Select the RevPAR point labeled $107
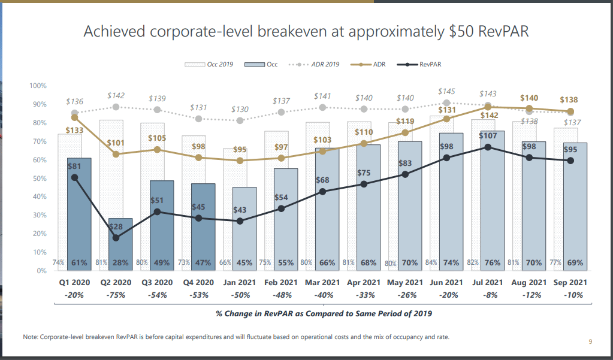tap(488, 147)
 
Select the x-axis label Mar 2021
tap(322, 283)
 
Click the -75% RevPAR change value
tap(116, 295)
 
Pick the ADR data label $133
tap(75, 131)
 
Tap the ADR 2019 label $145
tap(446, 92)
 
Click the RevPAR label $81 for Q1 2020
tap(74, 166)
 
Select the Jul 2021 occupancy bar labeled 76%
tap(492, 204)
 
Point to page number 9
tap(590, 342)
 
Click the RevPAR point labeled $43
tap(240, 221)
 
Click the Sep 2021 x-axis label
tap(570, 283)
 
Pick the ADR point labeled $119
tap(406, 132)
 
